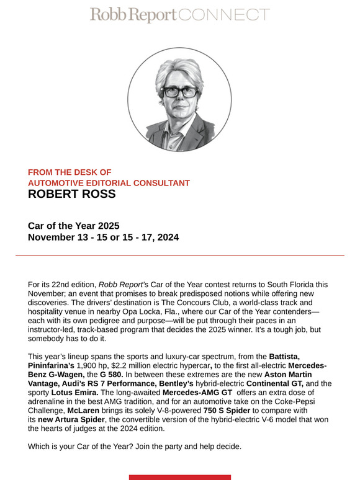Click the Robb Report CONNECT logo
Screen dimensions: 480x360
[x=179, y=16]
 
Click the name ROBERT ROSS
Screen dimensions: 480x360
[x=71, y=195]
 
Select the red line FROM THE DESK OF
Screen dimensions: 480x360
[x=70, y=172]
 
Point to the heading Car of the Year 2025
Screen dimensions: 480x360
[x=73, y=226]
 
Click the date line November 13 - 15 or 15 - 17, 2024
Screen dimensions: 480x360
[x=103, y=237]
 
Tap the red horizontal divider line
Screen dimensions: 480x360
[x=180, y=256]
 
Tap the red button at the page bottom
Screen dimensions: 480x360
[x=180, y=477]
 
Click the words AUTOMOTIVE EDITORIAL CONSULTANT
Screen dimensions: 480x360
[x=109, y=183]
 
